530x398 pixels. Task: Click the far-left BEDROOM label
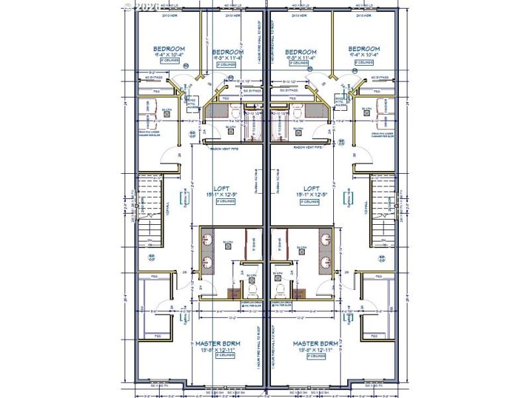[169, 49]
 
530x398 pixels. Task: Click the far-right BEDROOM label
[364, 49]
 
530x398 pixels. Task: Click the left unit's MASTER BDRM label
[218, 343]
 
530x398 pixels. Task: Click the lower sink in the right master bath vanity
[325, 261]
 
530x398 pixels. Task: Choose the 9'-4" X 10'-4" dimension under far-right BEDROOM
[364, 56]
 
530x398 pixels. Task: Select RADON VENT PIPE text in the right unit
[307, 148]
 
